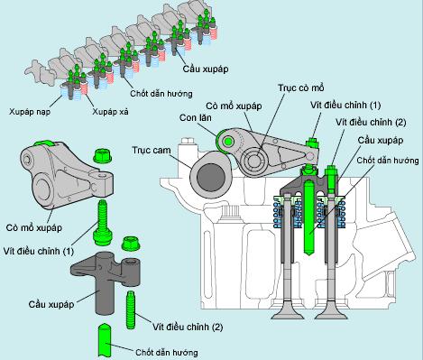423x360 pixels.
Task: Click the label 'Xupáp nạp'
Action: coord(30,112)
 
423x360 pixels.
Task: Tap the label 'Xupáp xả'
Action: coord(110,112)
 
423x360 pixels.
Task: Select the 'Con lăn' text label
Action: coord(196,117)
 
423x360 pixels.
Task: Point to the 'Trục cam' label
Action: coord(152,150)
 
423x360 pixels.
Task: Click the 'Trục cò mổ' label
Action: coord(301,88)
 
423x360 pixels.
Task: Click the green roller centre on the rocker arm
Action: coord(228,141)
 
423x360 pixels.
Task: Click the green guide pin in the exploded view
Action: coord(105,341)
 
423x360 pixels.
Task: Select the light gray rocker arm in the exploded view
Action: coord(67,175)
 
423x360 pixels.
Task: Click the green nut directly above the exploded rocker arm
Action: coord(103,156)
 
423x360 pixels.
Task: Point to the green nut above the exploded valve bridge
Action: coord(131,244)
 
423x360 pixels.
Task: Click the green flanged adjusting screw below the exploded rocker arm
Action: coord(103,222)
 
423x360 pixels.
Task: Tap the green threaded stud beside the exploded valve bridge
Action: coord(131,309)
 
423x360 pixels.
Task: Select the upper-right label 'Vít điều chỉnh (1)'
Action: coord(345,105)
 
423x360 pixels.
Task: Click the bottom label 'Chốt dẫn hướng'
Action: coord(166,352)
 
